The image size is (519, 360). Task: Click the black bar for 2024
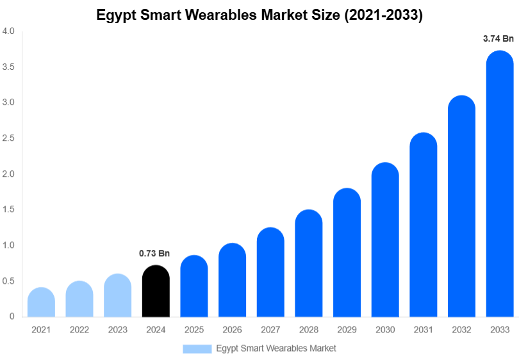[x=156, y=291]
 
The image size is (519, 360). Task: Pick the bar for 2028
[x=309, y=263]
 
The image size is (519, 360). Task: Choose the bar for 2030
[x=385, y=240]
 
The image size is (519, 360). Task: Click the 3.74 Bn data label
[x=498, y=39]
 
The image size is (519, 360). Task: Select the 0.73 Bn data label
[x=154, y=254]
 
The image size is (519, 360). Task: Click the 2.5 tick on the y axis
[x=8, y=138]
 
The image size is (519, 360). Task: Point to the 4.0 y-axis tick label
[x=8, y=31]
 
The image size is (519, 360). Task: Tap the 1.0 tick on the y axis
[x=8, y=245]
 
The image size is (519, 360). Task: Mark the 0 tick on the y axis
[x=12, y=316]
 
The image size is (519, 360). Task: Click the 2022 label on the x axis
[x=79, y=330]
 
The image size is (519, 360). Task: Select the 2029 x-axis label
[x=347, y=330]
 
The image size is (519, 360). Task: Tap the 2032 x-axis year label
[x=461, y=330]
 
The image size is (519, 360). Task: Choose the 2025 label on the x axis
[x=194, y=330]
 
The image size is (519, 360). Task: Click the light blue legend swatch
[x=197, y=348]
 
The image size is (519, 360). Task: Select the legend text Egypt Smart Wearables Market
[x=276, y=348]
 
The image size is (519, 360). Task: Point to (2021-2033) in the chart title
[x=384, y=15]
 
